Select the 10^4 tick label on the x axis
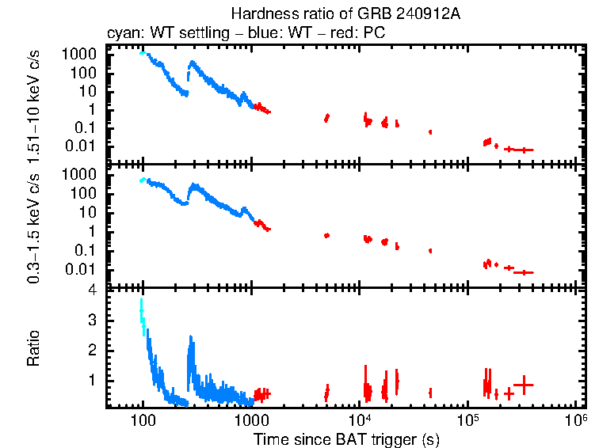(x=359, y=420)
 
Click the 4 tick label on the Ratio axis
(x=92, y=290)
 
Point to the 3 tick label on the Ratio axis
(x=92, y=321)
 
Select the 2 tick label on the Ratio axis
(x=92, y=350)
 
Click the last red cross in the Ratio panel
(x=523, y=385)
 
